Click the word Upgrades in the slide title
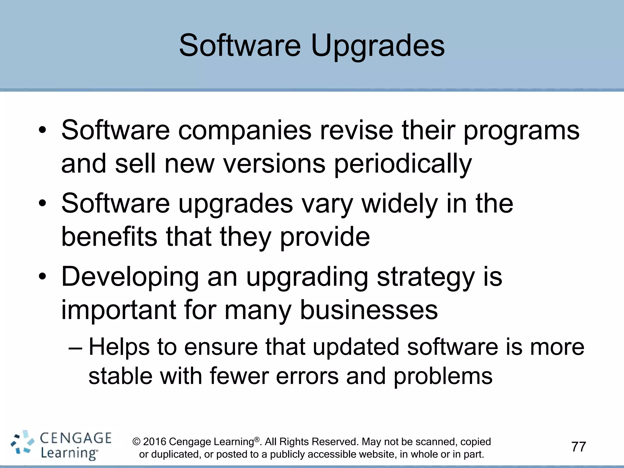[x=378, y=46]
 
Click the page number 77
[x=579, y=447]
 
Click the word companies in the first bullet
[x=245, y=131]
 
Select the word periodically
[x=403, y=164]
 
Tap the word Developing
[x=130, y=277]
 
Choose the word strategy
[x=426, y=277]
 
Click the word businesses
[x=369, y=310]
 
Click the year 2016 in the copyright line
[x=154, y=442]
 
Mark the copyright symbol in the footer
[x=137, y=442]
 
